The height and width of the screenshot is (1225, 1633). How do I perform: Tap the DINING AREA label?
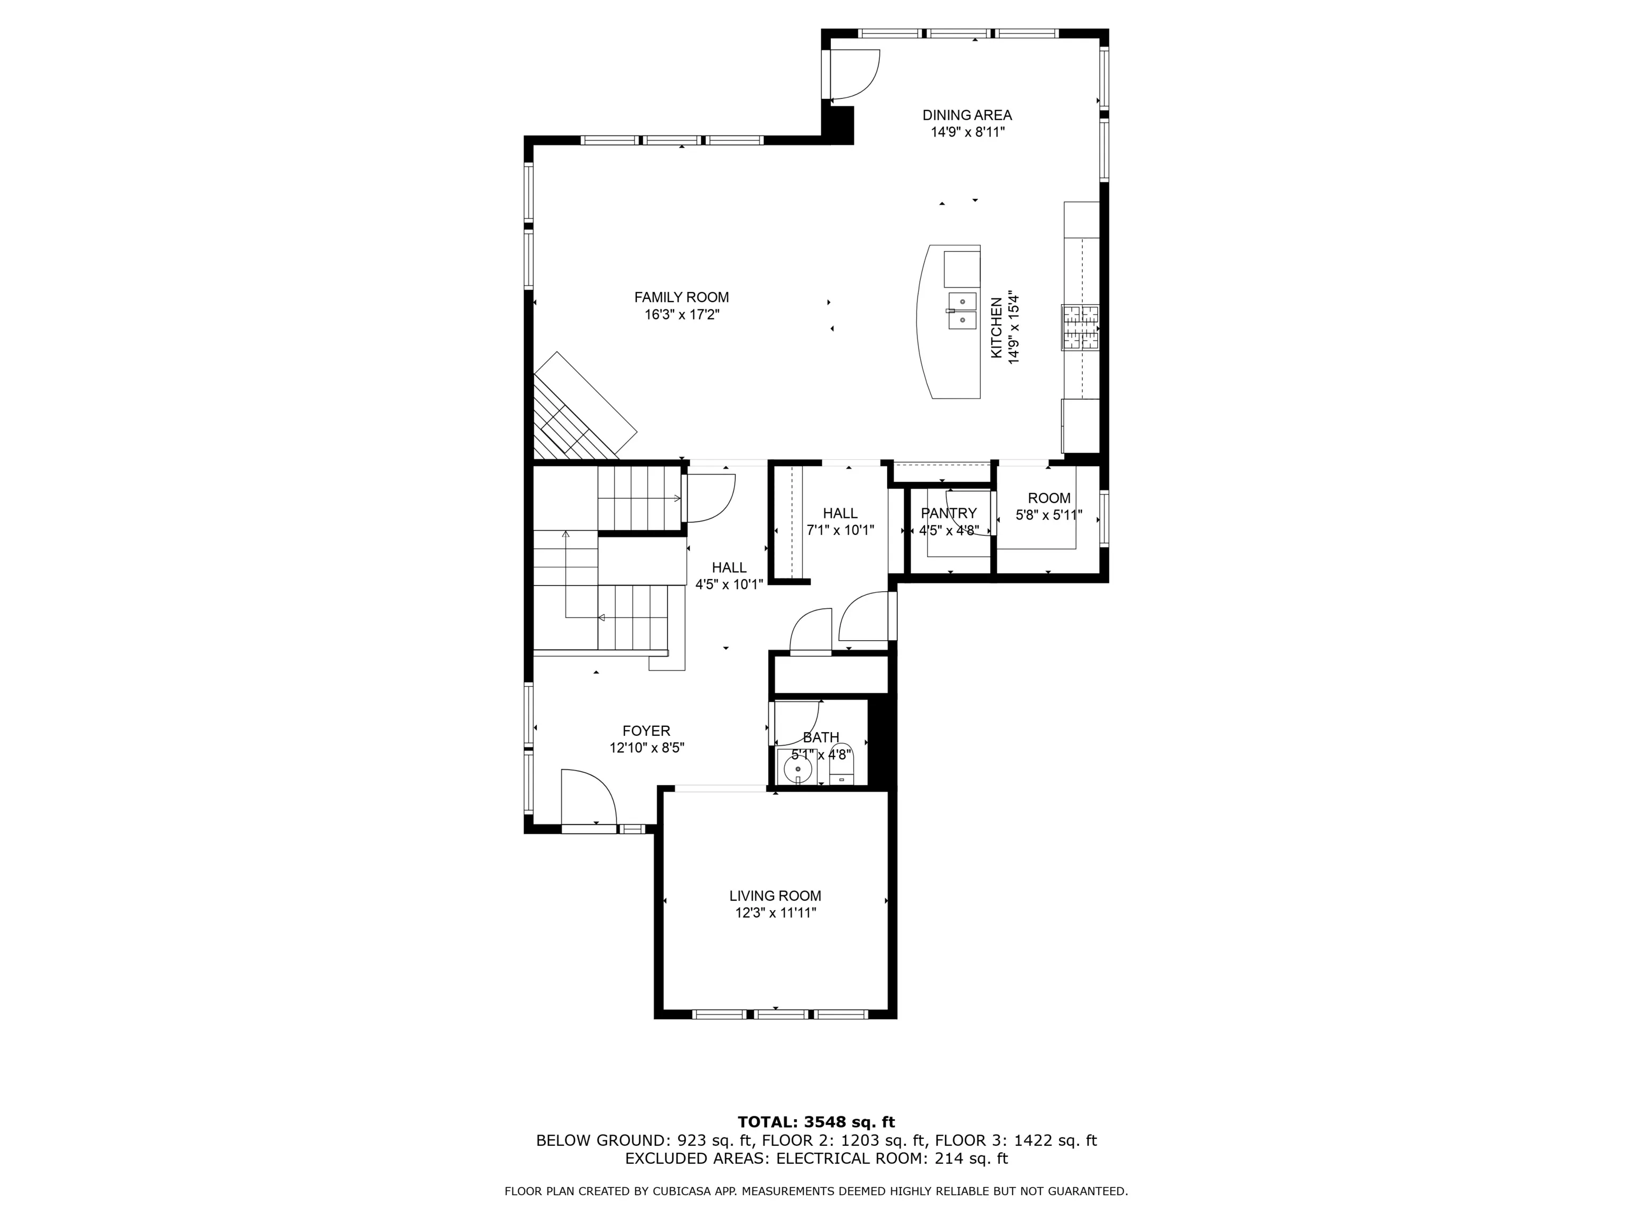[x=966, y=115]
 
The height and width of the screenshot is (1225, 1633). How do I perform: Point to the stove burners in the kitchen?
[x=1080, y=327]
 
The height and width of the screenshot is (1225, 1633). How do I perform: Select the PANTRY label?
[x=949, y=513]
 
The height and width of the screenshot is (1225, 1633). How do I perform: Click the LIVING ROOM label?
[x=775, y=896]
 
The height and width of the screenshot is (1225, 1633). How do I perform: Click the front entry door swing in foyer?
[x=588, y=798]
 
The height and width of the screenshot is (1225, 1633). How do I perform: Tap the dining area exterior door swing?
[x=855, y=74]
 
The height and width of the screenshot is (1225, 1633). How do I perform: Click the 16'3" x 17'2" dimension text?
[x=681, y=315]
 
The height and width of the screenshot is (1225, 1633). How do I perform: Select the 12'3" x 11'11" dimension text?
[x=775, y=913]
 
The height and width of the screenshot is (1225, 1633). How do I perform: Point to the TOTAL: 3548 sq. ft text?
[x=816, y=1122]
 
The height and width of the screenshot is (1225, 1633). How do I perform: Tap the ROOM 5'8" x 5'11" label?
[x=1049, y=507]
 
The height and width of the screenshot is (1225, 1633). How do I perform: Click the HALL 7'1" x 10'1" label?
[x=840, y=521]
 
